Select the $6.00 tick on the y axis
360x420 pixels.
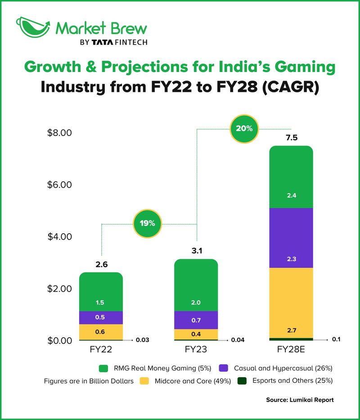pyautogui.click(x=60, y=185)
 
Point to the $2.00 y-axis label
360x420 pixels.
pyautogui.click(x=60, y=289)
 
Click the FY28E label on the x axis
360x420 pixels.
pyautogui.click(x=290, y=350)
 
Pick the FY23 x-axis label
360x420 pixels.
pyautogui.click(x=196, y=350)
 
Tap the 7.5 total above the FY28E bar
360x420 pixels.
pyautogui.click(x=291, y=138)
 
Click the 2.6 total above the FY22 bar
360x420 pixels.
pyautogui.click(x=101, y=264)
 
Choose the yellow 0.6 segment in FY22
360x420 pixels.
pyautogui.click(x=101, y=332)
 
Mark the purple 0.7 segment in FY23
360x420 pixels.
pyautogui.click(x=196, y=320)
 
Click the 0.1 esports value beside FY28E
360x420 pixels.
pyautogui.click(x=336, y=339)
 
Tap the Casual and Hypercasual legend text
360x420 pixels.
pyautogui.click(x=283, y=368)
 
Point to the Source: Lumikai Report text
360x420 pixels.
pyautogui.click(x=300, y=400)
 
